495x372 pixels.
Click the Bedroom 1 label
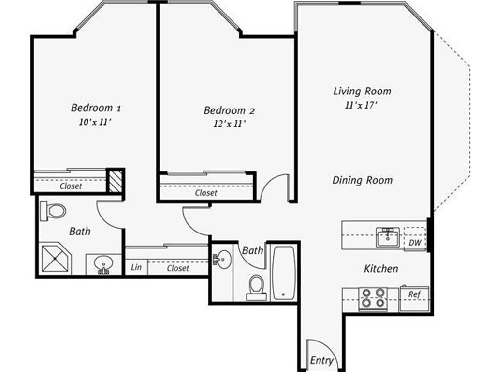92,107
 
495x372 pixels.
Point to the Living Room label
362,91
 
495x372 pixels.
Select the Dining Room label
362,180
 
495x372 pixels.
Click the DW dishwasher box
415,242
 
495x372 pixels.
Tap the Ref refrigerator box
414,294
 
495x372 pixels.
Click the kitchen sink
388,237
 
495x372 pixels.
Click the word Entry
321,360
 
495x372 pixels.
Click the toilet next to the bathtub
256,287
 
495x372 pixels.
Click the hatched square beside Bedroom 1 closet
115,181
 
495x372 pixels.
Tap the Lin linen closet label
136,267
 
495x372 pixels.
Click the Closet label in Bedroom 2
206,193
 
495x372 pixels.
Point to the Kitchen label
381,268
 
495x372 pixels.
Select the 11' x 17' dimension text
361,106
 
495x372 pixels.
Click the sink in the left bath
103,264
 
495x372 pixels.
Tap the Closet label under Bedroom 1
71,186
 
